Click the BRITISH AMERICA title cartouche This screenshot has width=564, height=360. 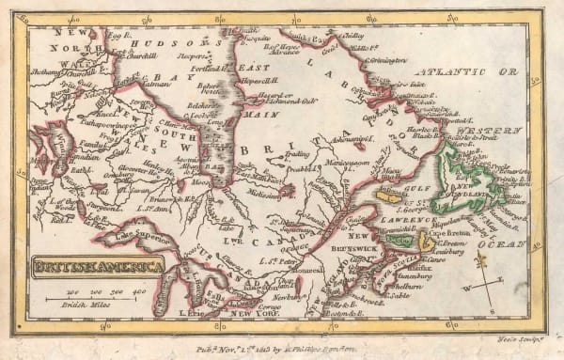coord(99,268)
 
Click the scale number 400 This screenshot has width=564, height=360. coord(139,295)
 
